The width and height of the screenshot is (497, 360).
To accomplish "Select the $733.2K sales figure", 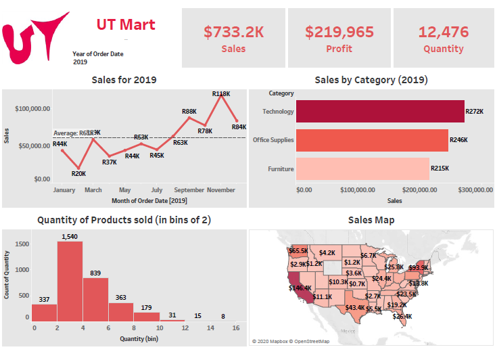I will tap(233, 31).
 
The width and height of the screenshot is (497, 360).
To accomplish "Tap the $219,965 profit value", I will tap(339, 31).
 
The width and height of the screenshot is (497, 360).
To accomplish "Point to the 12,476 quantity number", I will tap(444, 31).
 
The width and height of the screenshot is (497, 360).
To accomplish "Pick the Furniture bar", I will tap(362, 168).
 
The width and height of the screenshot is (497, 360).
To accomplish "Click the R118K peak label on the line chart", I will tap(221, 94).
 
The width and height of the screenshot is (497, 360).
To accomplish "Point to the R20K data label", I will tap(78, 173).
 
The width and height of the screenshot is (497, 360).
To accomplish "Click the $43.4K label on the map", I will tap(354, 308).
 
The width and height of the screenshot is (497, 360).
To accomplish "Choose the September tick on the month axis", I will tap(189, 190).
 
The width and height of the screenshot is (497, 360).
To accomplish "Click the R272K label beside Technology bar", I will tap(475, 111).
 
